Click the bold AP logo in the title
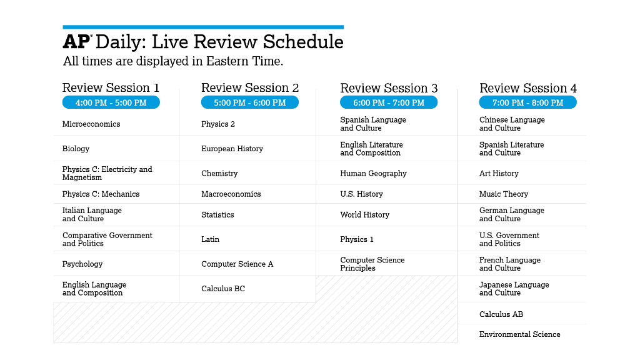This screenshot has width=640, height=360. [x=77, y=42]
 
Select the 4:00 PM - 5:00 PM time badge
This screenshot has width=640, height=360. [x=111, y=102]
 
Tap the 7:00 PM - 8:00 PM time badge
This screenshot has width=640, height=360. [x=527, y=102]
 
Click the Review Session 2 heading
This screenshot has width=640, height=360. [x=250, y=88]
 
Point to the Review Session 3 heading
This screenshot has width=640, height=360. [x=389, y=88]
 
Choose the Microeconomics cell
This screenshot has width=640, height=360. [x=91, y=124]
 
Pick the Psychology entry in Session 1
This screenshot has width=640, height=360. [x=82, y=264]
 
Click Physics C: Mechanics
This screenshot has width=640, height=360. [x=101, y=194]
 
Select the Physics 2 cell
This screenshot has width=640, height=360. [x=218, y=124]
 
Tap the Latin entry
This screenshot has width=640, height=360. [x=210, y=239]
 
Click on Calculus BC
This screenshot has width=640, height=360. [x=223, y=289]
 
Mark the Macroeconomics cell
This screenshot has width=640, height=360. [x=231, y=194]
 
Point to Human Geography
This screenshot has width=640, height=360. [x=373, y=174]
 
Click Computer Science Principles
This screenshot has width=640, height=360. [x=372, y=264]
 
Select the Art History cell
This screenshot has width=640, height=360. [x=499, y=174]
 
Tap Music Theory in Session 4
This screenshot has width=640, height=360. [x=504, y=194]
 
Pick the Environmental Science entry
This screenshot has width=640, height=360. [x=519, y=334]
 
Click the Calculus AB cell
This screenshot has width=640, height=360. [x=501, y=314]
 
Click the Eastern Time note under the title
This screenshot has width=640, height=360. [x=173, y=61]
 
